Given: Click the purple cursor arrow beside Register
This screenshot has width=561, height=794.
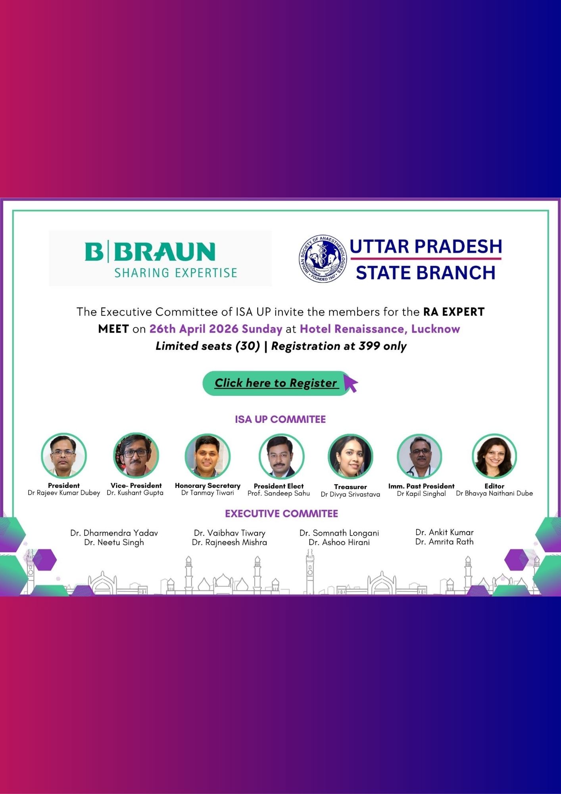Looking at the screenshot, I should pos(351,384).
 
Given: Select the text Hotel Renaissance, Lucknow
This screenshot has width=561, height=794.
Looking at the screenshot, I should pos(380,329).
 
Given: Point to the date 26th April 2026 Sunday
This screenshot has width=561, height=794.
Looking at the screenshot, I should pos(215,329).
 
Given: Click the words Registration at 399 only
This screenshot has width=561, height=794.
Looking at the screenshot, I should pos(339,346).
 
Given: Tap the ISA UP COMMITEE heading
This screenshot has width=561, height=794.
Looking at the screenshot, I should pos(280,419).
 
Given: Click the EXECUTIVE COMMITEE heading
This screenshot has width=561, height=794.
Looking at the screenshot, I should pos(281,514).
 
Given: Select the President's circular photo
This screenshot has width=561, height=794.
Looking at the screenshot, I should pos(64,455).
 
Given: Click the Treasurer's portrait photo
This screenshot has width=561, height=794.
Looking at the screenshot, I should pos(350,456).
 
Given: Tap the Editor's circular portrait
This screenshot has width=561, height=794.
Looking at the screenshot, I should pos(494,456).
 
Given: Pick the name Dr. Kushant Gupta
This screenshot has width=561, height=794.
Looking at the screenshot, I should pos(135,493).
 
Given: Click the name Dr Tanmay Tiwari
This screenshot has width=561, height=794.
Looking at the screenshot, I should pos(207,493).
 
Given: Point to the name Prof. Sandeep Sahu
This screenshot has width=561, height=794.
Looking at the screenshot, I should pos(279,493).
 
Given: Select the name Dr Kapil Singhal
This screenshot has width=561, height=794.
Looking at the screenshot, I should pos(421,493).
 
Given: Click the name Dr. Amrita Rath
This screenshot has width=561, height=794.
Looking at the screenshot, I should pos(444,542).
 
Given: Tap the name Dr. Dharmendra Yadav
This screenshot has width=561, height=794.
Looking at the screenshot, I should pos(114,533).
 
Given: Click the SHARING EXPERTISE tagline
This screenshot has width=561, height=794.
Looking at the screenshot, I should pos(176,273).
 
